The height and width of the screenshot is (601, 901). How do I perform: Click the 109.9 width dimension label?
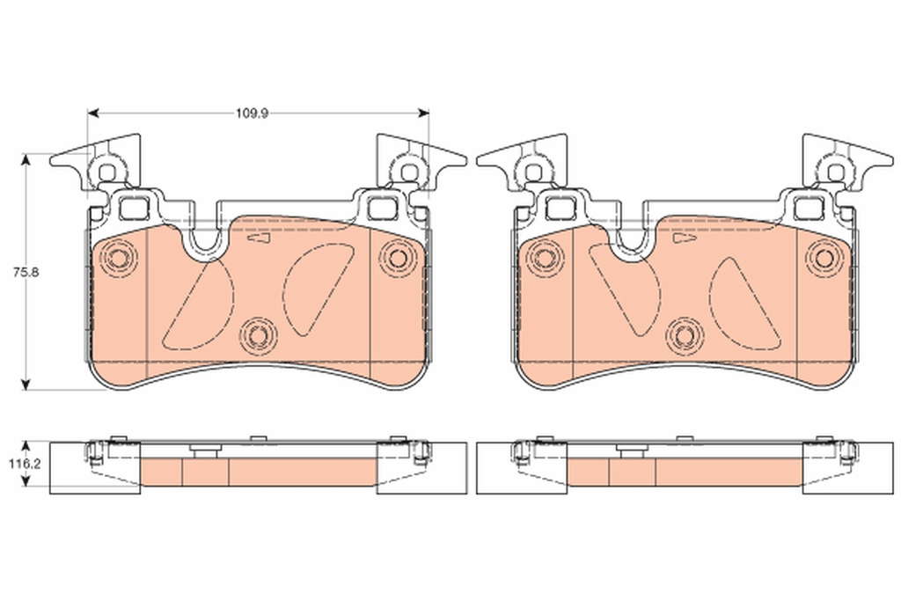252,114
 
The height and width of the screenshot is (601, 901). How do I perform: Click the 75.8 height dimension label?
26,273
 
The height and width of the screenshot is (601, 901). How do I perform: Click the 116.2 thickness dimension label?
24,464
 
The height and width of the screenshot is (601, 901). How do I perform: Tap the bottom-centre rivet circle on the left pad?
258,335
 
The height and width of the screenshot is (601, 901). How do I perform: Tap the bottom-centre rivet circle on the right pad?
685,335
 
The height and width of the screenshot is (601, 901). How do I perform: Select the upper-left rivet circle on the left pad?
117,258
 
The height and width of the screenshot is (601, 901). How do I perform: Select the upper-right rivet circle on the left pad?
398,258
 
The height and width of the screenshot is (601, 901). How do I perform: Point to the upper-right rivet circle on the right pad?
824,258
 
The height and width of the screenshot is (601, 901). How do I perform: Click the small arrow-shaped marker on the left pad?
258,238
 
